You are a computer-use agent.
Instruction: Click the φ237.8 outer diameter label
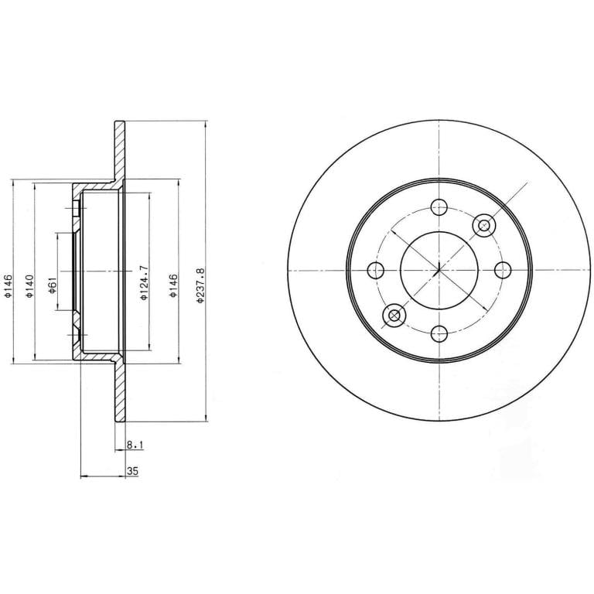(200, 285)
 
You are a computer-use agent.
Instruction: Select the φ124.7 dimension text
(144, 282)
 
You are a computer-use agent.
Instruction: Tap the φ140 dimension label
(30, 285)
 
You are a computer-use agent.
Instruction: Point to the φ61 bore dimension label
(53, 285)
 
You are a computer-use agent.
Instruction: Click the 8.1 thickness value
(135, 445)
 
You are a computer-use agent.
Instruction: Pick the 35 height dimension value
(132, 471)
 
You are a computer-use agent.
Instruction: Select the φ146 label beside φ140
(9, 285)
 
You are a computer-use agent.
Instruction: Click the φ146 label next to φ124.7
(173, 285)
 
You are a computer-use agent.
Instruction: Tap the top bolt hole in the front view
(439, 207)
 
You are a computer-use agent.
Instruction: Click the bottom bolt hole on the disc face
(439, 334)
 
